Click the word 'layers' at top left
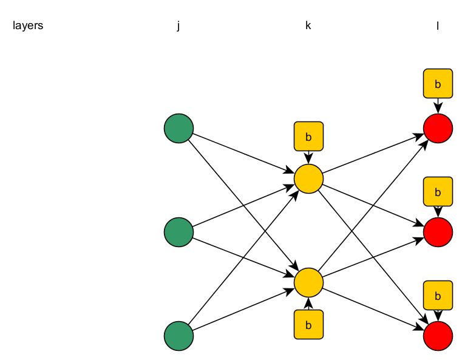coord(28,26)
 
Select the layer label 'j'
coord(178,26)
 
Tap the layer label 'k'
coord(308,26)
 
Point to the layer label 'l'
coord(437,26)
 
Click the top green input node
coord(178,128)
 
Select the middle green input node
coord(178,231)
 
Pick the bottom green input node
coord(178,336)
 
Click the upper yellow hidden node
coord(308,179)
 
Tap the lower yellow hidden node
coord(308,282)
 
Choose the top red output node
coord(438,128)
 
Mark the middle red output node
coord(438,231)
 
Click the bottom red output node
coord(438,336)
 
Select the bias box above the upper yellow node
coord(308,137)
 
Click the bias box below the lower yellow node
coord(308,324)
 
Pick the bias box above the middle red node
coord(438,192)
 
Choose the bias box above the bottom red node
coord(438,296)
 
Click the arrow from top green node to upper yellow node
coord(243,154)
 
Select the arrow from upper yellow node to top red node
coord(373,154)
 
